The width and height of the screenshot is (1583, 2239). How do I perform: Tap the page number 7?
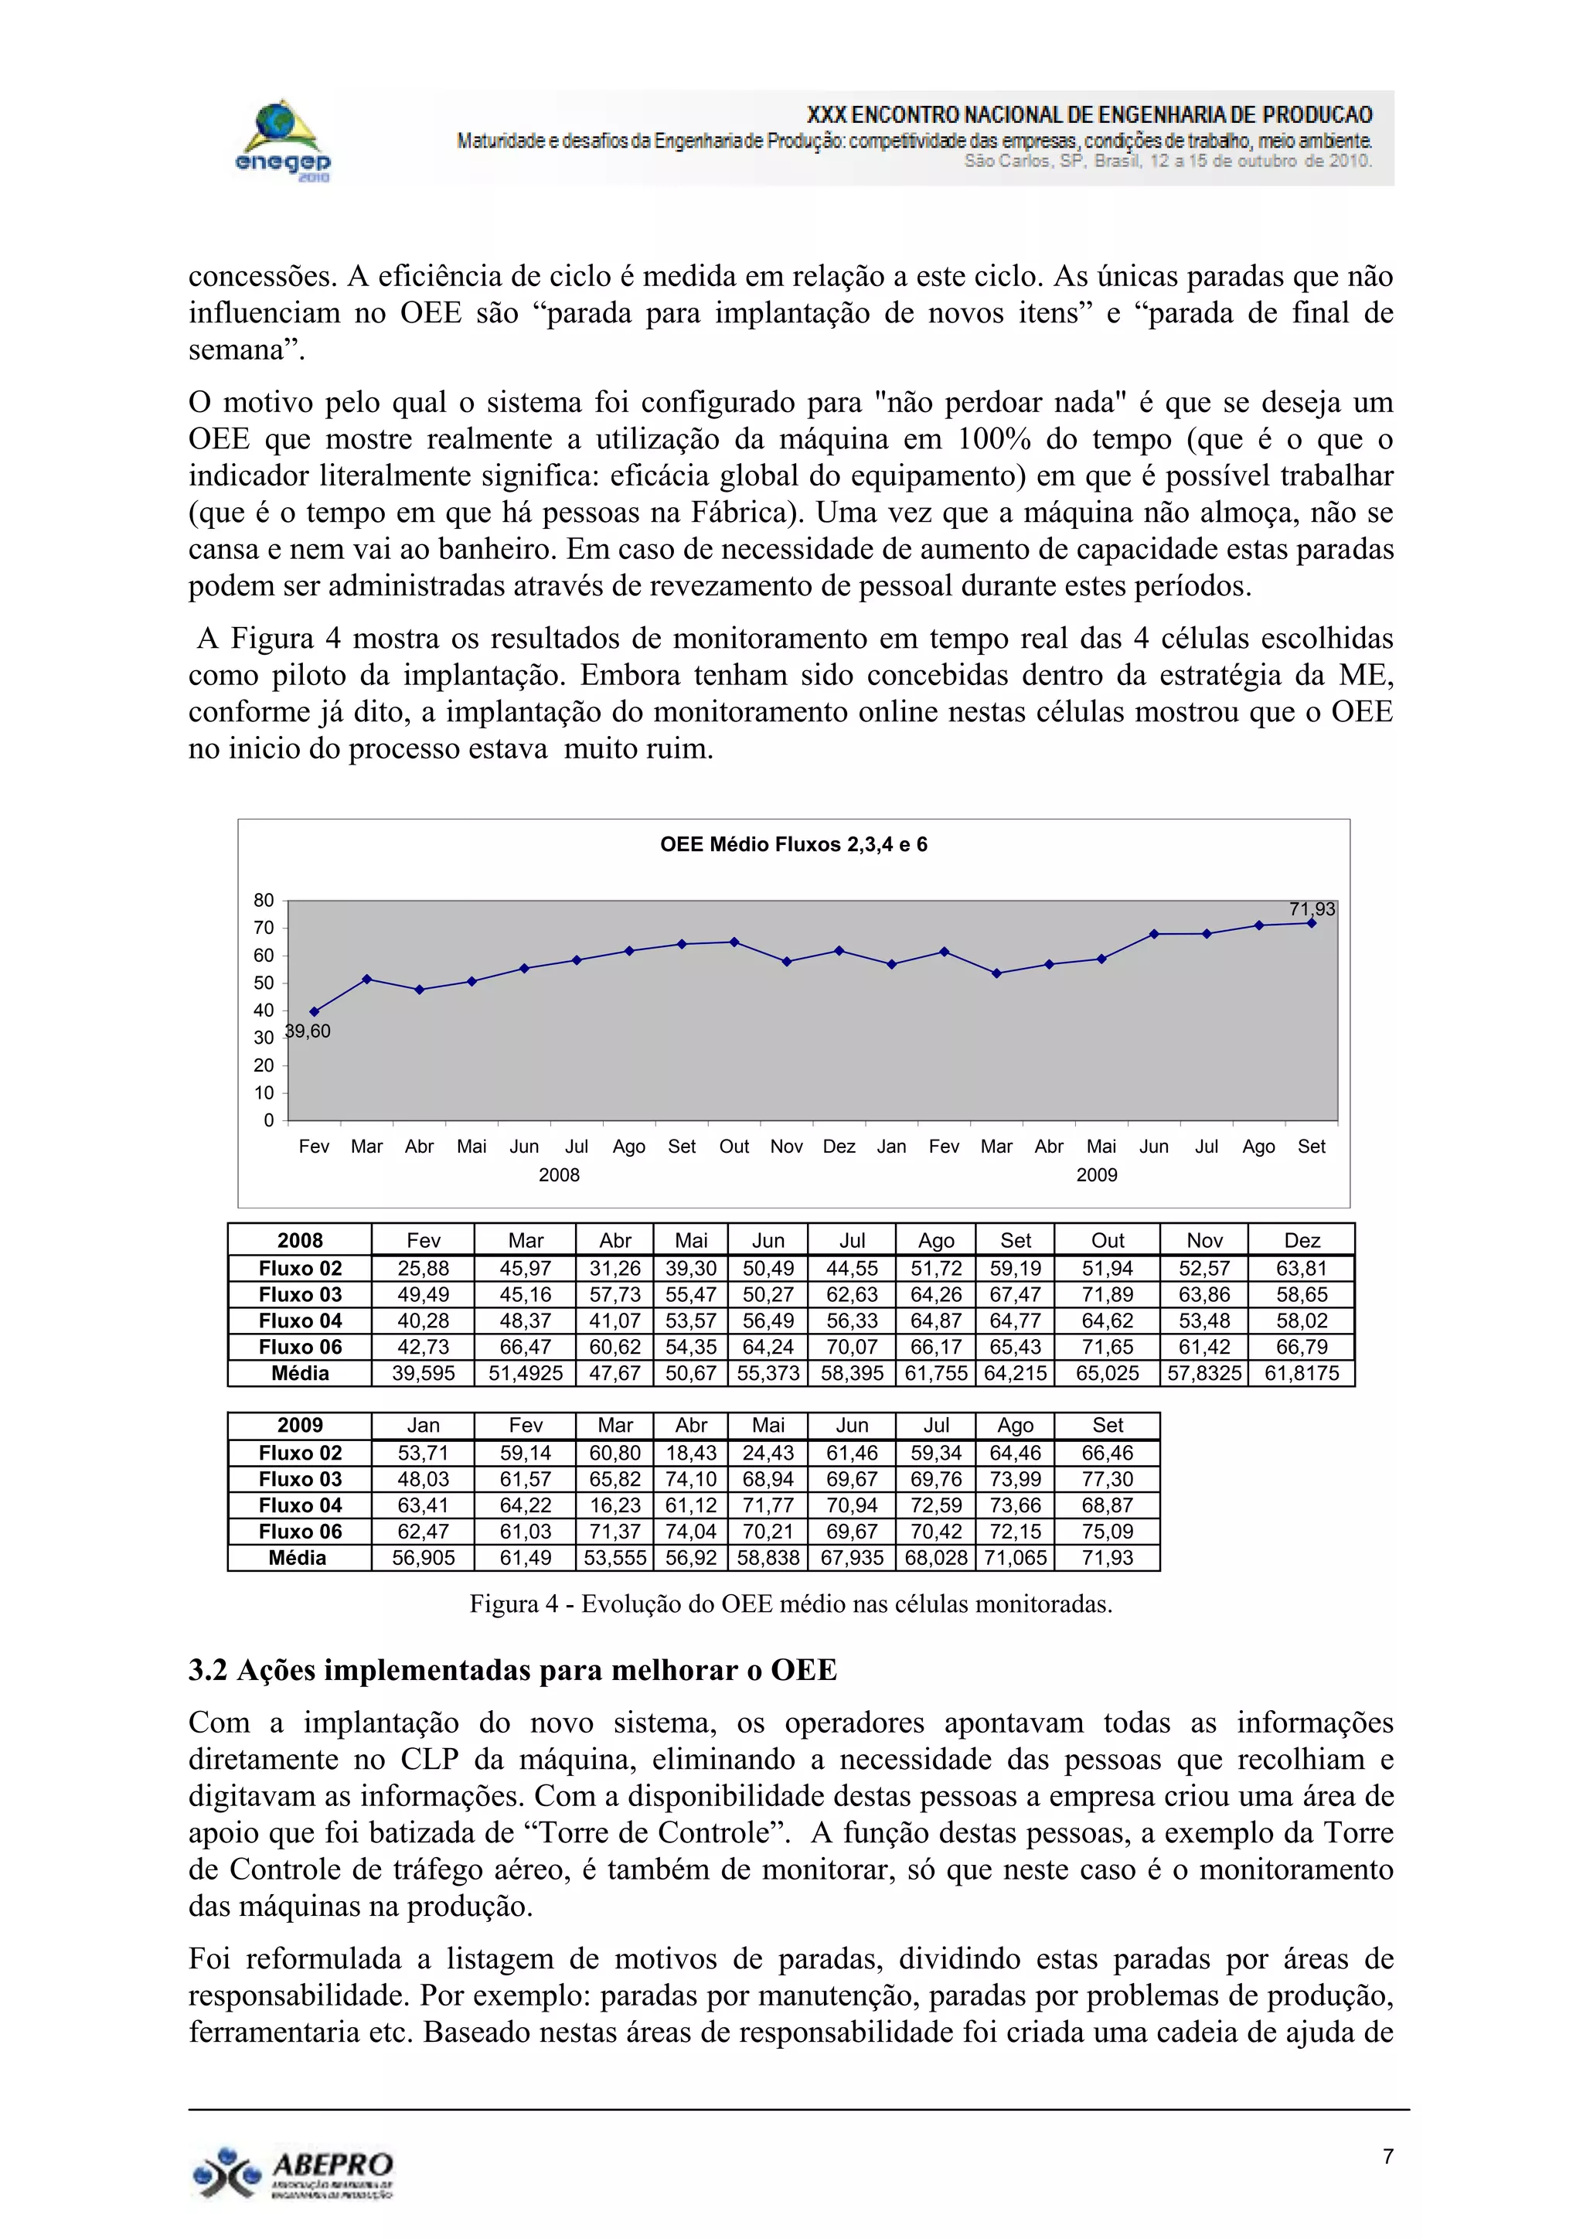[x=1387, y=2156]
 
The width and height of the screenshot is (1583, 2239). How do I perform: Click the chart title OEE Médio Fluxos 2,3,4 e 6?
[x=794, y=844]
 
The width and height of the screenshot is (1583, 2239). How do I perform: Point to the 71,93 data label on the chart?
[x=1311, y=909]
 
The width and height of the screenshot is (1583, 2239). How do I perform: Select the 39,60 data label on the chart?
[x=308, y=1031]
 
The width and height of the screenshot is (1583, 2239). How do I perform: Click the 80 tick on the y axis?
[x=264, y=900]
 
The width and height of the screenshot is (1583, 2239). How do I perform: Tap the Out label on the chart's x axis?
[x=734, y=1147]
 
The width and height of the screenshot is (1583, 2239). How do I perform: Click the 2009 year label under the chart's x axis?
[x=1097, y=1175]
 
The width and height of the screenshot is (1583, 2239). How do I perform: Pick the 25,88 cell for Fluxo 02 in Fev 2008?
[x=423, y=1269]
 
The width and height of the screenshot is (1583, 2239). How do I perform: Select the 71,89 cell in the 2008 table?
[x=1108, y=1295]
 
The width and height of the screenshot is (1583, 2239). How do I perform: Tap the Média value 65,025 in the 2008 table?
[x=1108, y=1374]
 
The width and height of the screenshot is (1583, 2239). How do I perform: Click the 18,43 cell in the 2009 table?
[x=691, y=1453]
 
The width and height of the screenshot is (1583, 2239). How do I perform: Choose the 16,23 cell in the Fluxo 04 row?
[x=615, y=1505]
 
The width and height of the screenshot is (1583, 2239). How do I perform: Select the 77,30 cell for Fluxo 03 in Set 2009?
[x=1108, y=1479]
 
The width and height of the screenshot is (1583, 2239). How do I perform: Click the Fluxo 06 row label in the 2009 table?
[x=300, y=1532]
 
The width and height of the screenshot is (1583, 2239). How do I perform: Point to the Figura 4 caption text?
[x=791, y=1604]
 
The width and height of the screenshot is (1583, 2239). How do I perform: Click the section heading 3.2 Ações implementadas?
[x=512, y=1671]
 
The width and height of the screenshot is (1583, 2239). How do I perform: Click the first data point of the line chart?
[x=314, y=1011]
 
